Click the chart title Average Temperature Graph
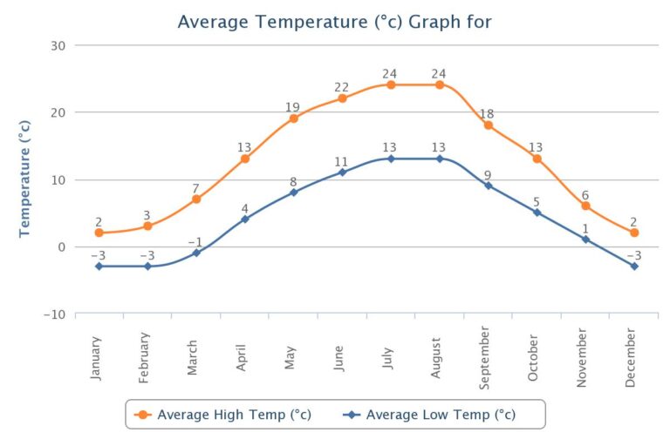tap(334, 21)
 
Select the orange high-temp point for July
tap(391, 84)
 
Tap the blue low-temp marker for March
tap(196, 253)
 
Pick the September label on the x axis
tap(485, 353)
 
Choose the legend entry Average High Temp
tap(234, 415)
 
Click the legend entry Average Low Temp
tap(441, 415)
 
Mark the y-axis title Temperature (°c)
tap(24, 179)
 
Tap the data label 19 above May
tap(293, 107)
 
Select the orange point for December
tap(634, 233)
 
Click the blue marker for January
tap(99, 266)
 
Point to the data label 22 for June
tap(342, 87)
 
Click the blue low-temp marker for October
tap(537, 213)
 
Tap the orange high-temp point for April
tap(245, 159)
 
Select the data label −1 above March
tap(195, 241)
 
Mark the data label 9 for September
tap(489, 174)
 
